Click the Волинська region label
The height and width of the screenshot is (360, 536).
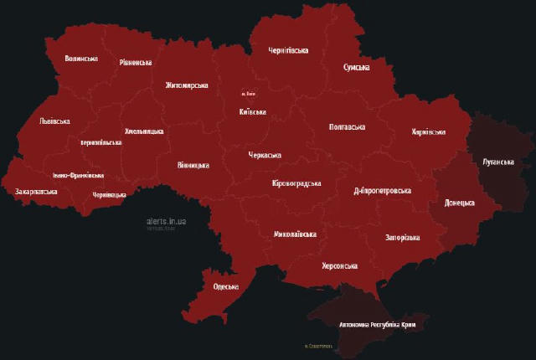(x=81, y=59)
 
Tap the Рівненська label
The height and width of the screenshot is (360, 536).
(x=136, y=63)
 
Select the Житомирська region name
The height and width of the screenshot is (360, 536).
(x=187, y=85)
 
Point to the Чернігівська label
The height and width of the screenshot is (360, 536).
(x=288, y=51)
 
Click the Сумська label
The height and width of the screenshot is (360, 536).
(x=356, y=68)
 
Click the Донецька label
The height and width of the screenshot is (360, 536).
(x=459, y=203)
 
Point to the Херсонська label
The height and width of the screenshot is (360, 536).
(x=339, y=266)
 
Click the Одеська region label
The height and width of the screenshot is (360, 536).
(x=226, y=287)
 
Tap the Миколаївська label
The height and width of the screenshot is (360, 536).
(x=295, y=235)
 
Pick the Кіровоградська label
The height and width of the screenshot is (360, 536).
(x=297, y=183)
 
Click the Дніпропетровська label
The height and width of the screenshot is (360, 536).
(x=382, y=191)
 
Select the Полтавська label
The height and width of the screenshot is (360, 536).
(x=346, y=127)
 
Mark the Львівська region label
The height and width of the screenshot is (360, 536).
(x=54, y=121)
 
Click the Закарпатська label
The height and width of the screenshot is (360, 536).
(x=36, y=192)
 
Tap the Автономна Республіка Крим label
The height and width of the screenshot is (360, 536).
(x=377, y=324)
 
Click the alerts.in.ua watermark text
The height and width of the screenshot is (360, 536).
(x=166, y=221)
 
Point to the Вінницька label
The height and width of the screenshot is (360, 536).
(x=193, y=166)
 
